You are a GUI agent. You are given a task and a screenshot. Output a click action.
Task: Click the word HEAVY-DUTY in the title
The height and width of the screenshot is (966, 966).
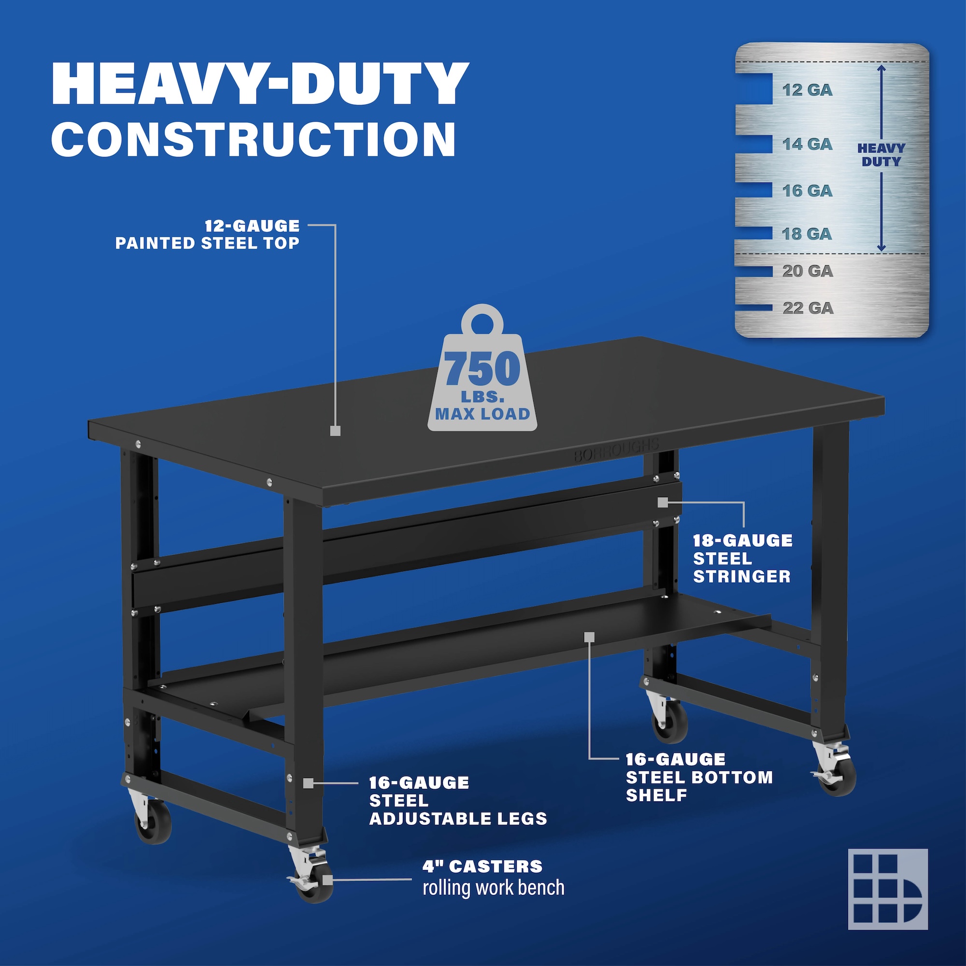260,84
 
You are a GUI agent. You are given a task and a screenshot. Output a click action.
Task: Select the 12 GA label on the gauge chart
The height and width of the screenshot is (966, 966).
808,90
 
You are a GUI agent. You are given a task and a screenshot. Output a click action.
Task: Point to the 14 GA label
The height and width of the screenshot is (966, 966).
808,144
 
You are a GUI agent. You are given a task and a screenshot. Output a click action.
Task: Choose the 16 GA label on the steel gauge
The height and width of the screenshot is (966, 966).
808,190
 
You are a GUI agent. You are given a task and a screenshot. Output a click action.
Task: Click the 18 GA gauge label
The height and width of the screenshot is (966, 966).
807,233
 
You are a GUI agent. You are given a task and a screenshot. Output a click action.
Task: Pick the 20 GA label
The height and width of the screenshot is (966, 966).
808,271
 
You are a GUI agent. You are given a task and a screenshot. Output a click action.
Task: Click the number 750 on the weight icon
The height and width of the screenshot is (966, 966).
482,369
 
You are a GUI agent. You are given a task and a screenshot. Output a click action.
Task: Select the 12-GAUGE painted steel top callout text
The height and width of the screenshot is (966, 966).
208,235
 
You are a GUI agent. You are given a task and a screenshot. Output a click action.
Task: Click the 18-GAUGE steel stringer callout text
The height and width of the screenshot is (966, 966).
742,558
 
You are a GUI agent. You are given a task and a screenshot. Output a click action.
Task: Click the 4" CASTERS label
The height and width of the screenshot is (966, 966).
483,866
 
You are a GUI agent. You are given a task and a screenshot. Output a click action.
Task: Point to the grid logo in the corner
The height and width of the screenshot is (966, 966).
887,889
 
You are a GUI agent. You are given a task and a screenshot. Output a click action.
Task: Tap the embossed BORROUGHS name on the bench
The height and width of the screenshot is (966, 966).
616,450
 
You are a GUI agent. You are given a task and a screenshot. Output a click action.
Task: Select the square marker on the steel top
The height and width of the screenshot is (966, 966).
336,430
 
